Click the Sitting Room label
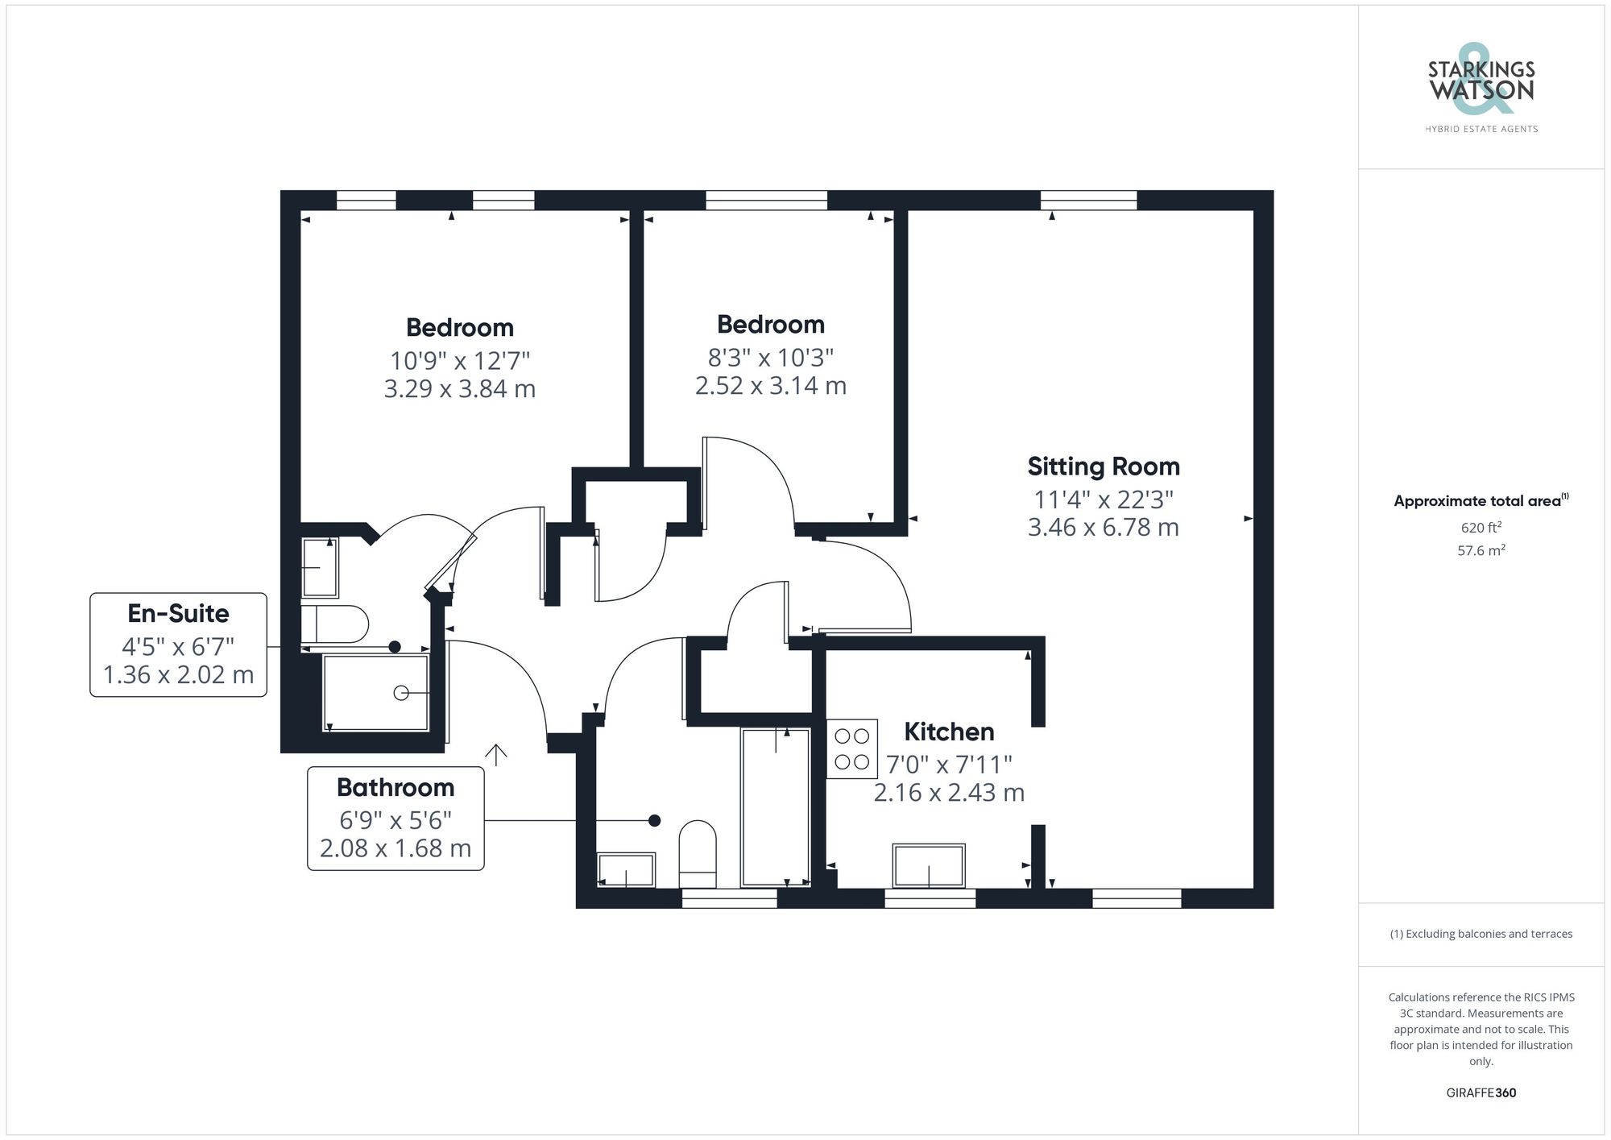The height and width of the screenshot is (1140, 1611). pyautogui.click(x=1103, y=466)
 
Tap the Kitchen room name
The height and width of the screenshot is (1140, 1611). pyautogui.click(x=949, y=732)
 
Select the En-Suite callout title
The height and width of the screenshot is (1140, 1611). pyautogui.click(x=178, y=613)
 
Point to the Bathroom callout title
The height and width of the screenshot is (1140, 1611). pyautogui.click(x=396, y=787)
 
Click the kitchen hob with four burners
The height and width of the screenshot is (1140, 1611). pyautogui.click(x=851, y=748)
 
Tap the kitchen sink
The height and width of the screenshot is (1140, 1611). pyautogui.click(x=929, y=865)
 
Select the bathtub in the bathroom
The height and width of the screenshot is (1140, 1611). pyautogui.click(x=775, y=806)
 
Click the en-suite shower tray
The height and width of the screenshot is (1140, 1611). pyautogui.click(x=375, y=693)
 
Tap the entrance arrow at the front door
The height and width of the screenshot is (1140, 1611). pyautogui.click(x=495, y=754)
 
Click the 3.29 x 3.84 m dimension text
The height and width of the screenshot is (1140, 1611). pyautogui.click(x=459, y=389)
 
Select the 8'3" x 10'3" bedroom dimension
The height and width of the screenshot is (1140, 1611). pyautogui.click(x=770, y=356)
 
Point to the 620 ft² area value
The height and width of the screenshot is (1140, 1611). pyautogui.click(x=1481, y=529)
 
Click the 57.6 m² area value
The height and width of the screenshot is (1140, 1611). pyautogui.click(x=1481, y=551)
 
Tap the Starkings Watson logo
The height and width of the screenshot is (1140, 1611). pyautogui.click(x=1481, y=89)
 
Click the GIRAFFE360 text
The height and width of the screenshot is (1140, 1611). pyautogui.click(x=1481, y=1093)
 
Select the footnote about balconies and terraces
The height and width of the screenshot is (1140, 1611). pyautogui.click(x=1481, y=934)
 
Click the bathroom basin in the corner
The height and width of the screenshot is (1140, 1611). pyautogui.click(x=626, y=870)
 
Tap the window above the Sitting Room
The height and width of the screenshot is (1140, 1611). pyautogui.click(x=1088, y=200)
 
